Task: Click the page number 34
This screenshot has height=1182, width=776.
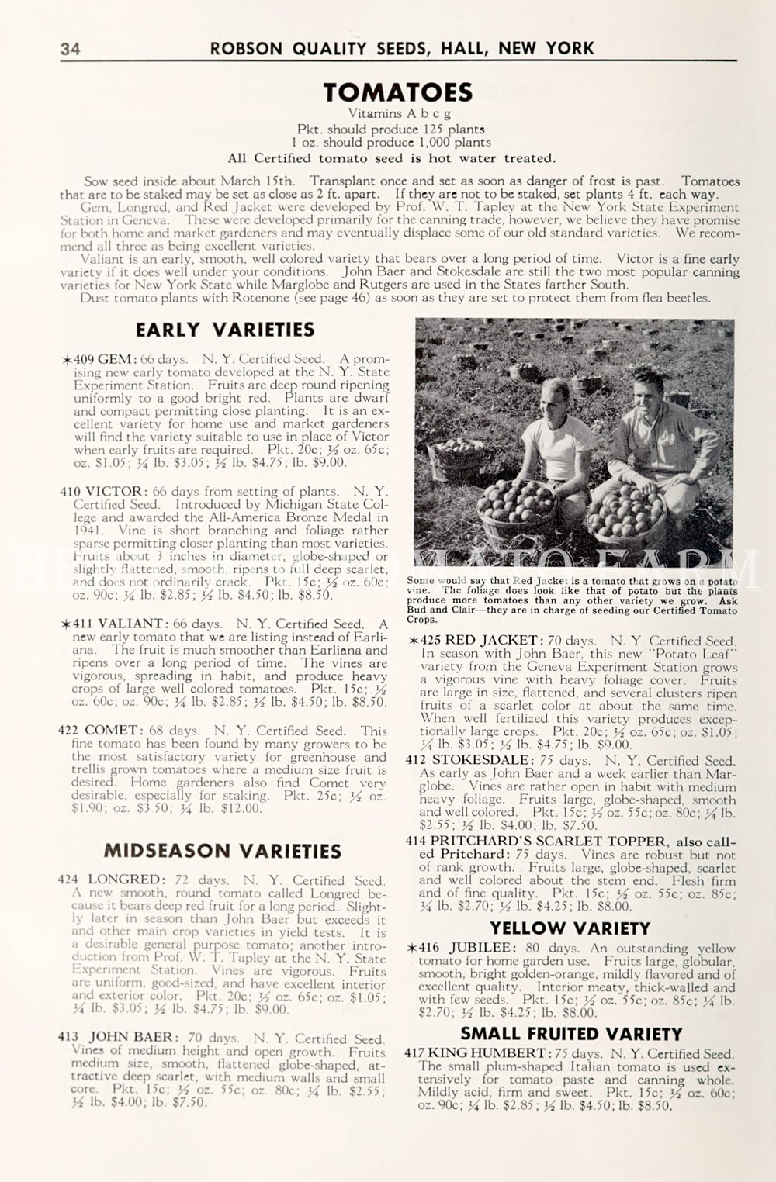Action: coord(70,49)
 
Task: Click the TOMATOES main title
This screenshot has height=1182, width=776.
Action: coord(398,92)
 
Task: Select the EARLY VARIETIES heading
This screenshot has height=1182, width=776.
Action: coord(225,330)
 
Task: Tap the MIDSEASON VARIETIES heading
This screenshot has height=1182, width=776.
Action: coord(223,851)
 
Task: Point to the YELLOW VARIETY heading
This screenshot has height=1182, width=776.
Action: coord(570,928)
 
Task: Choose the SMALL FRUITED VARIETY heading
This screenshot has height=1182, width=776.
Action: coord(571,1034)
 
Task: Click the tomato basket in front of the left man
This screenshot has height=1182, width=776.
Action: coord(516,508)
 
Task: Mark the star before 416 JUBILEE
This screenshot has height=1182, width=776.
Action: coord(412,948)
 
